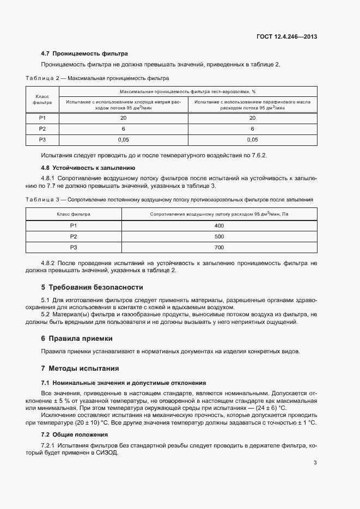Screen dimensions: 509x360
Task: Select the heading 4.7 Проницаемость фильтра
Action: point(84,53)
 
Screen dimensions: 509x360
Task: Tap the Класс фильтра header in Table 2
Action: point(42,99)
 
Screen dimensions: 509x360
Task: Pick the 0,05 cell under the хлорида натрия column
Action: point(123,140)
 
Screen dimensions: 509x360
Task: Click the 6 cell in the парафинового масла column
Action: point(252,129)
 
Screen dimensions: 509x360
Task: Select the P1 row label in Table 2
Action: point(42,118)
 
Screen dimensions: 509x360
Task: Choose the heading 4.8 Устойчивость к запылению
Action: point(88,168)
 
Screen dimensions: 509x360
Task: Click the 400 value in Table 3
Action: point(219,225)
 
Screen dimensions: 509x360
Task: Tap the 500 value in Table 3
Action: point(219,237)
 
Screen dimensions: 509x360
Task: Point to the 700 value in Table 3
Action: point(219,248)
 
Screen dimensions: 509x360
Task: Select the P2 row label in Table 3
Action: point(74,237)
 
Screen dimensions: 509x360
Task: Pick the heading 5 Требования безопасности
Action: point(92,287)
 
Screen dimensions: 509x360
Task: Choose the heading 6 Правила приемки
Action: point(77,338)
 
